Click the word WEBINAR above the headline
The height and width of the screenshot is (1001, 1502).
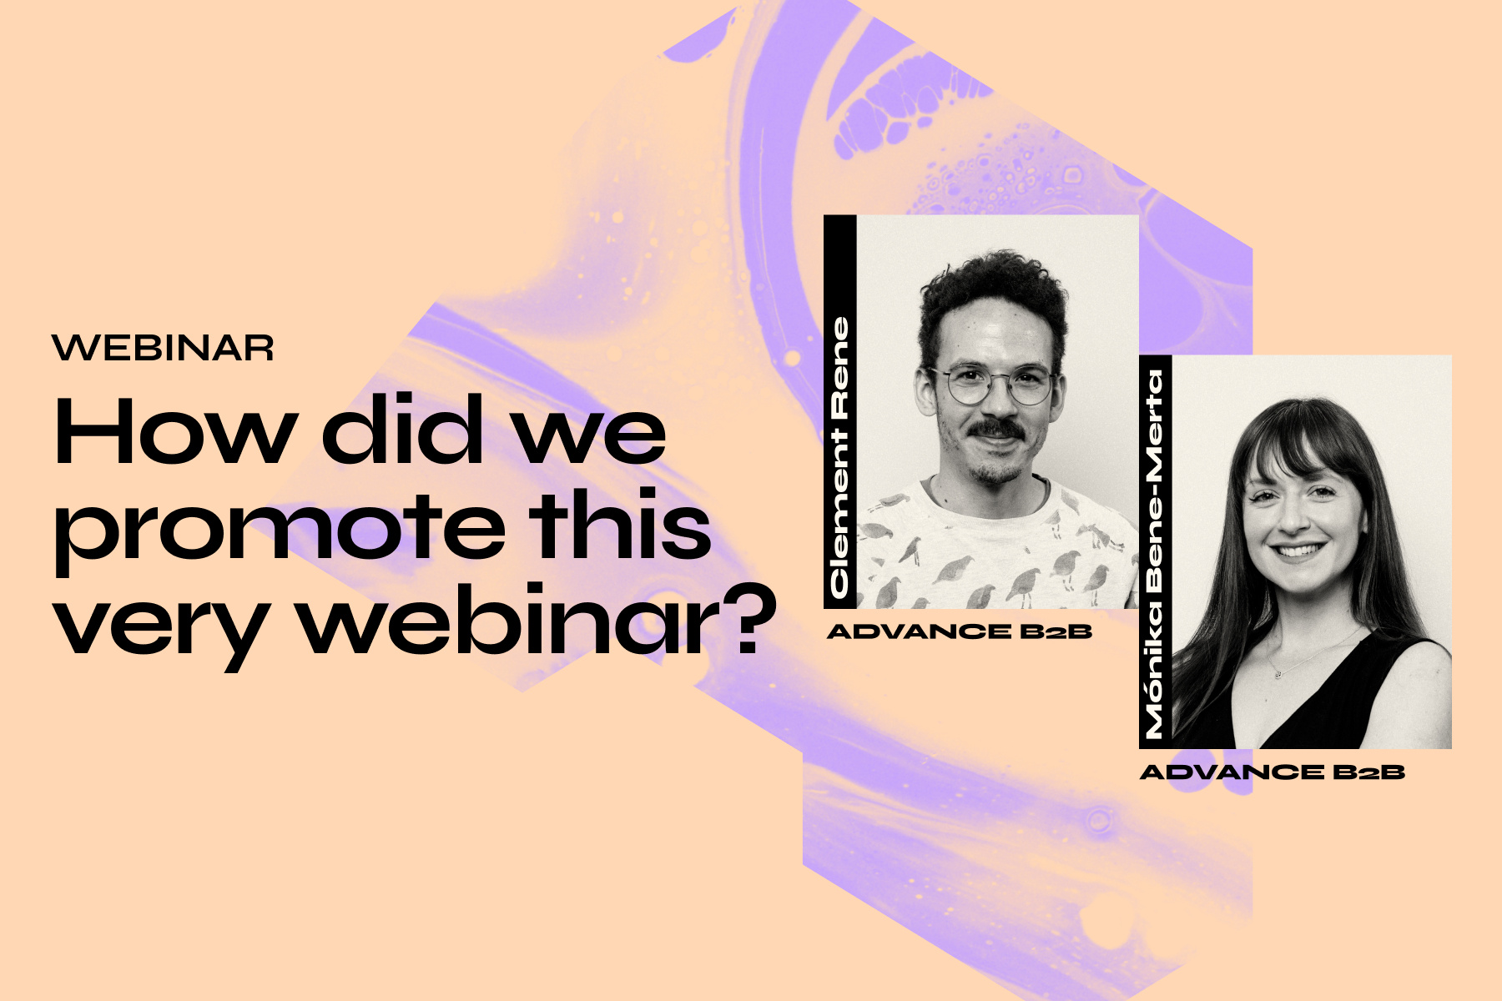[x=163, y=348]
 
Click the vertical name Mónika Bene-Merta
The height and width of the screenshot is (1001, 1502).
[x=1155, y=555]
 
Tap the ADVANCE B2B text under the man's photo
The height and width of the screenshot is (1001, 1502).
[x=960, y=631]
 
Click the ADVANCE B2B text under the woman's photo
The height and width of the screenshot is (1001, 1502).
[x=1273, y=772]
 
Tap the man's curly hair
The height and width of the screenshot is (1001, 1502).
[x=993, y=288]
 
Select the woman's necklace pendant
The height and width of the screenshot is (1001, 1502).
[x=1277, y=672]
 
